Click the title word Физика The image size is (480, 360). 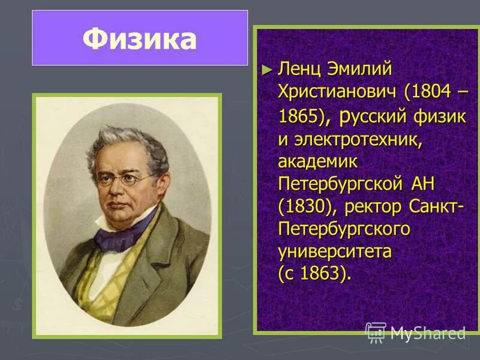pos(139,39)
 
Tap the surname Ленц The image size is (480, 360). pos(301,69)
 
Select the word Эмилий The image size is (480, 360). pos(359,69)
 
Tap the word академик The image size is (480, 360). pos(317,161)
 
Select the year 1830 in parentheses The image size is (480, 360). pos(301,206)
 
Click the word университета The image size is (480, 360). pos(335,251)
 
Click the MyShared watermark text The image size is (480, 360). pos(427,332)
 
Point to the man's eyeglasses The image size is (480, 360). pos(123,179)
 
